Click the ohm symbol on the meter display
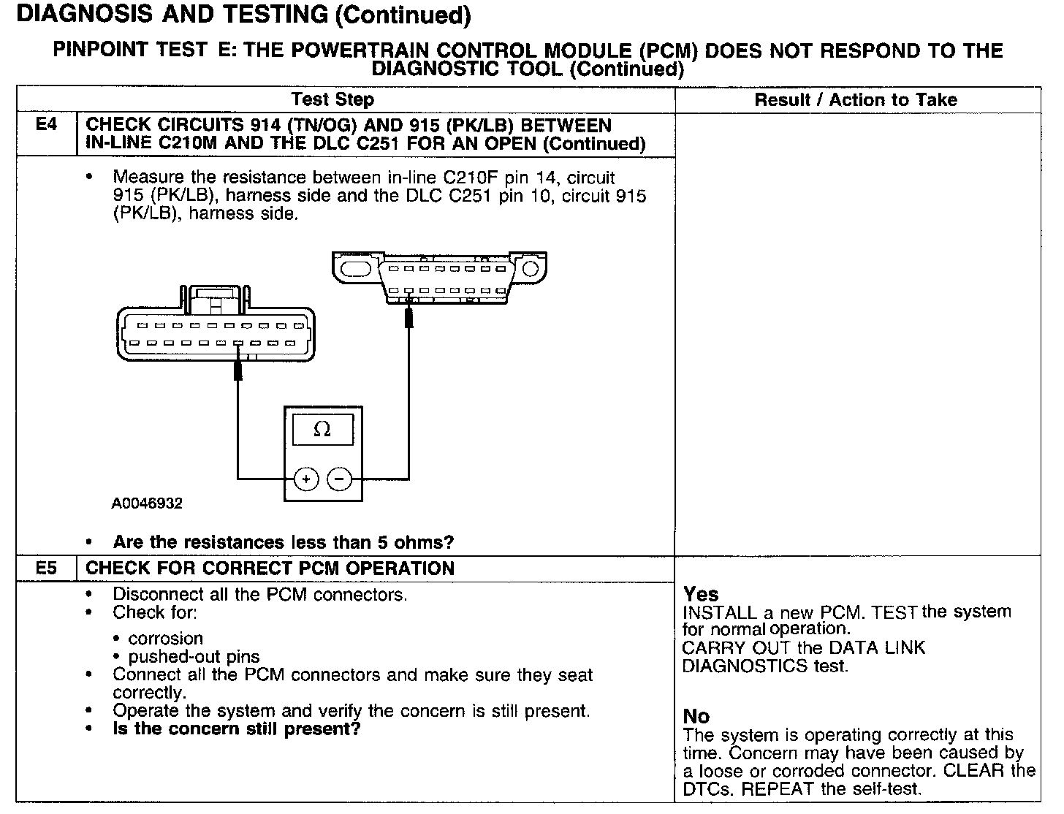[322, 430]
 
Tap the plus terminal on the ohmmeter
[306, 479]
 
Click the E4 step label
[46, 126]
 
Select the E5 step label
[46, 568]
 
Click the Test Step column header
[332, 100]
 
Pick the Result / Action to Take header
[856, 100]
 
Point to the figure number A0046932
[147, 503]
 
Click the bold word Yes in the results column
[701, 594]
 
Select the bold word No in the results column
[696, 715]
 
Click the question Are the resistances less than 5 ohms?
[284, 542]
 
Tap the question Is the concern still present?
[237, 729]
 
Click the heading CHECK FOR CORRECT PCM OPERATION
[270, 568]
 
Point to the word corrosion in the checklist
[165, 638]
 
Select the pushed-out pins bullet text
[194, 656]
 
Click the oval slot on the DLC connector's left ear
[357, 270]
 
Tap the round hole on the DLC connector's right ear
[530, 270]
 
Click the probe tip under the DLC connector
[409, 319]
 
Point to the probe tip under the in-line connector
[237, 370]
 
